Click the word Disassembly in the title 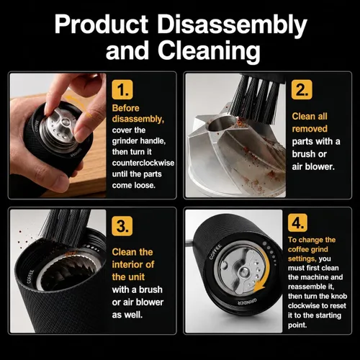[232, 25]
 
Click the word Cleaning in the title [209, 51]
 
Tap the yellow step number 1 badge [122, 89]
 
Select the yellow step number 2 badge [302, 89]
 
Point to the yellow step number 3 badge [122, 226]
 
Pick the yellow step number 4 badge [297, 222]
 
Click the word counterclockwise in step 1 [143, 163]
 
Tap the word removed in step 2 [310, 129]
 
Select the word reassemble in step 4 [310, 287]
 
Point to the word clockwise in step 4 [303, 306]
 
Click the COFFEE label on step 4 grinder [215, 252]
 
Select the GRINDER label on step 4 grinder [247, 302]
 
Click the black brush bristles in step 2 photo [257, 99]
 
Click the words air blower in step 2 [313, 166]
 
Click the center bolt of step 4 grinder [243, 271]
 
